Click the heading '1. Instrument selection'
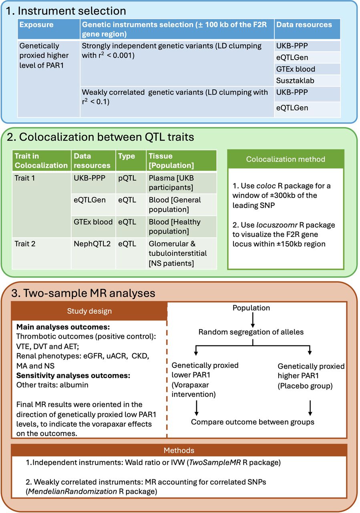click(x=65, y=11)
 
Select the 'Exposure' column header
click(x=36, y=24)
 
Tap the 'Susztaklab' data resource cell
click(x=295, y=81)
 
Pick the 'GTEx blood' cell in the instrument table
click(x=296, y=69)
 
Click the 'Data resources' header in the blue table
click(x=304, y=24)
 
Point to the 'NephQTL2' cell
click(x=92, y=244)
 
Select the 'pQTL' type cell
click(x=127, y=178)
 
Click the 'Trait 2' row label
click(x=25, y=244)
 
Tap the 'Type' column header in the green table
click(x=126, y=156)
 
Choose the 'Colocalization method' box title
click(x=286, y=159)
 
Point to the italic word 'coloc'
click(x=266, y=186)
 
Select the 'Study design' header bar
click(x=89, y=311)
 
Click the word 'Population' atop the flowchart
click(x=251, y=308)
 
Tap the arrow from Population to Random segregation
click(x=253, y=320)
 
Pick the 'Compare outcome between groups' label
click(x=253, y=422)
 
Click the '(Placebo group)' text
click(x=305, y=386)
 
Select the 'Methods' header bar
click(x=179, y=450)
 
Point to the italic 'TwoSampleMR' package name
click(x=215, y=463)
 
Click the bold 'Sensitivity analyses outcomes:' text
click(x=73, y=376)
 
